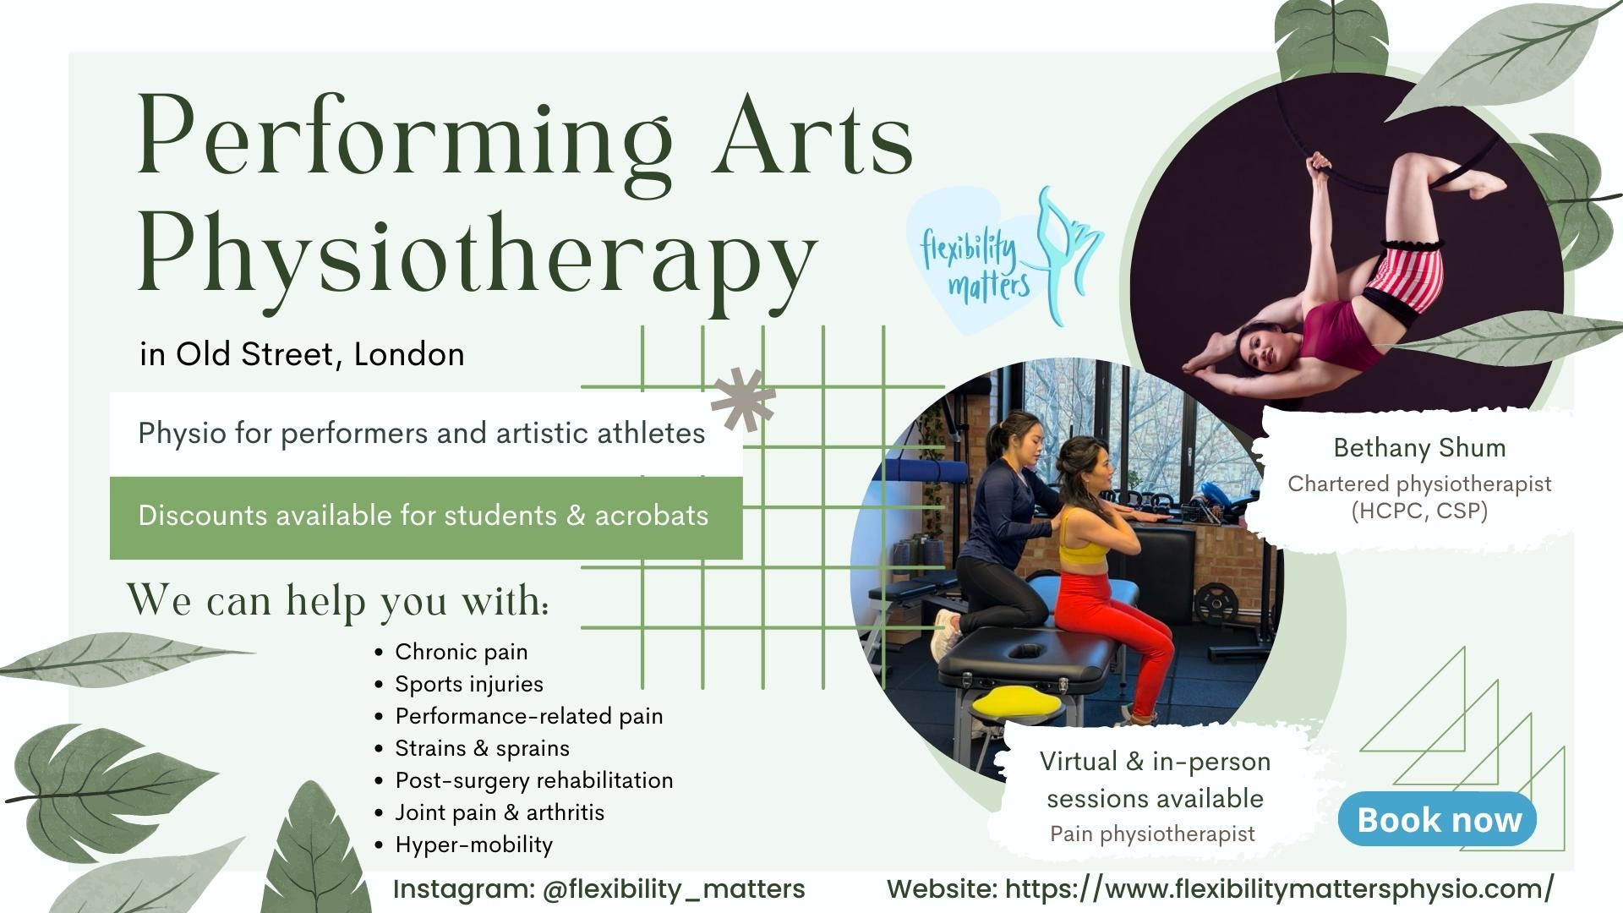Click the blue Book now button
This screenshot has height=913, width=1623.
1437,819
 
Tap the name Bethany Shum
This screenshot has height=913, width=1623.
1419,447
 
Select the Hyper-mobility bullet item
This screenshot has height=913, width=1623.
473,845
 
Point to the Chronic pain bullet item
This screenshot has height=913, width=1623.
461,652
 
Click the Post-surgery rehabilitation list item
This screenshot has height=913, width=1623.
533,779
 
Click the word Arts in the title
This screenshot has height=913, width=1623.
811,135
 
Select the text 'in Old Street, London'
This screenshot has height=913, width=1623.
303,354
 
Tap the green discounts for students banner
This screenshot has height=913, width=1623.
426,517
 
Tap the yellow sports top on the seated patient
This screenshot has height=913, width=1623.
1083,542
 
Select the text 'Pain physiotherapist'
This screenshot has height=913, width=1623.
1152,834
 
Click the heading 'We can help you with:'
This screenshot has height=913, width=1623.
338,600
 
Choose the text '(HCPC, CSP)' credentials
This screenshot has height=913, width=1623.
1419,511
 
